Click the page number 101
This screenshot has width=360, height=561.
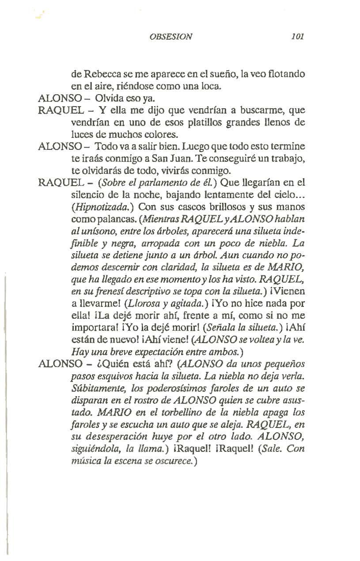tap(298, 36)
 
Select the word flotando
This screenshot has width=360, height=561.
tap(287, 73)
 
